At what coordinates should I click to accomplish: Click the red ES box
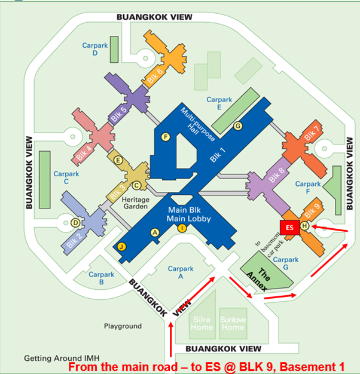(x=289, y=228)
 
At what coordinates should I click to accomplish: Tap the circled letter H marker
(x=305, y=225)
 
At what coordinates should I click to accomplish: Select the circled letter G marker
(x=237, y=125)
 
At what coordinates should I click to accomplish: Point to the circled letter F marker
(x=166, y=137)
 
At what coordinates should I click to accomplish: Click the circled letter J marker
(x=122, y=246)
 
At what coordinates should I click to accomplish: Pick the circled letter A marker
(x=155, y=232)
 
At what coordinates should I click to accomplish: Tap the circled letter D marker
(x=75, y=223)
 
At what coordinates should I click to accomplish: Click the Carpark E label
(x=219, y=103)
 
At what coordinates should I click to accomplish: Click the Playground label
(x=123, y=326)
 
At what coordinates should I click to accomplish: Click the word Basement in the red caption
(x=300, y=367)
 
